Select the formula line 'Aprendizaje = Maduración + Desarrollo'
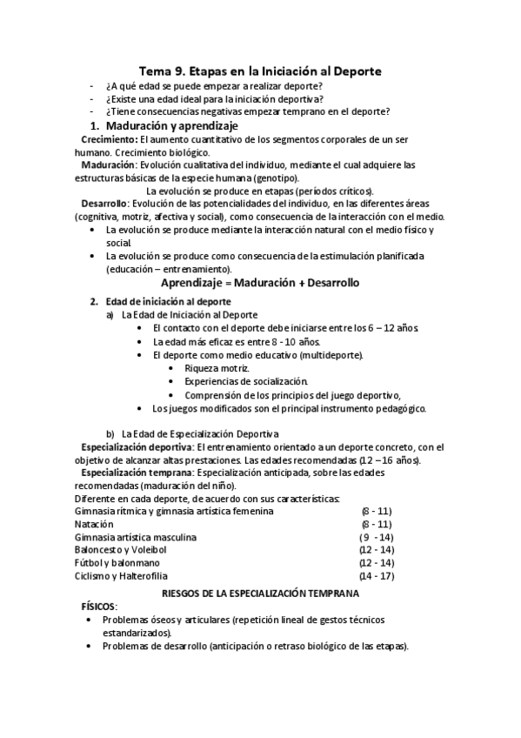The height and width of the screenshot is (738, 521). (260, 284)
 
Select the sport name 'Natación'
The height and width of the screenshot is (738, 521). (94, 524)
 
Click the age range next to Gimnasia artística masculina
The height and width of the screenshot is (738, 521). (376, 537)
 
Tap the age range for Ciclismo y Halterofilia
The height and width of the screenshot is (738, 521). (376, 576)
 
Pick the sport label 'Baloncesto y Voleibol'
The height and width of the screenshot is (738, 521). (124, 550)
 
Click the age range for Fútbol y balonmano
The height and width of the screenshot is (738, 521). (376, 563)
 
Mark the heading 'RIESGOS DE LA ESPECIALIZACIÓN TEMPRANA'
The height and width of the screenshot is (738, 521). (261, 592)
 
